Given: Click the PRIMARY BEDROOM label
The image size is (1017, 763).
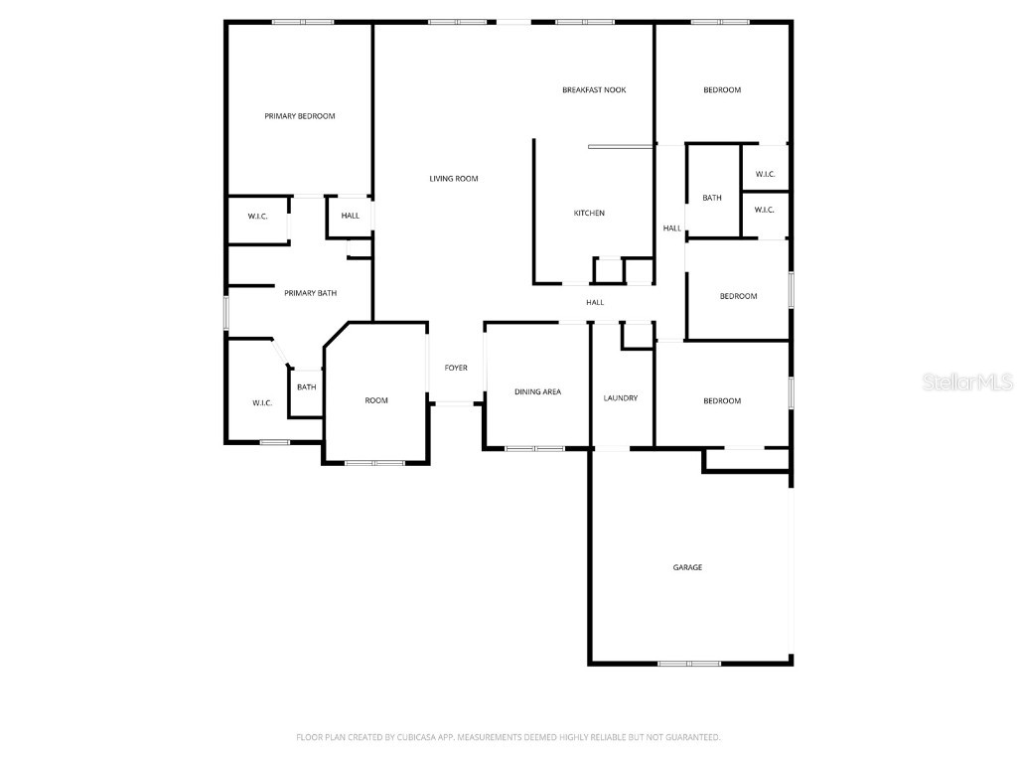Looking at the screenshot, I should pos(299,116).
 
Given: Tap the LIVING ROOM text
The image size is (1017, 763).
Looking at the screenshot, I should pos(454,179).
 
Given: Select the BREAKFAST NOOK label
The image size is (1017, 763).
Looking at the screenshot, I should pos(594,90).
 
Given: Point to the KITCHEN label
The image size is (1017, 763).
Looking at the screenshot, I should pos(589,214).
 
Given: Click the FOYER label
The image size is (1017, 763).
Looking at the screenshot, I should pos(456,369).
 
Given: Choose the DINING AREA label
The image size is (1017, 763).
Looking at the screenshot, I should pos(537,392).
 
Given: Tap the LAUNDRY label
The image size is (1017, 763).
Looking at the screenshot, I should pos(621,398).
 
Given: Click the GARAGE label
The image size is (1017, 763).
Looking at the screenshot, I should pos(687,567).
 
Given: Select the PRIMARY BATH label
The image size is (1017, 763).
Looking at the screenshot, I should pos(310,293).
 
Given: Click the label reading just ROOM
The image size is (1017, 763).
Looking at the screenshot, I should pos(376,400).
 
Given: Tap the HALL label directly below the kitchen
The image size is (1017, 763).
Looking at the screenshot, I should pos(595,303).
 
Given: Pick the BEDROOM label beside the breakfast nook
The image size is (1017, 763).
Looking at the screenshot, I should pos(722,90).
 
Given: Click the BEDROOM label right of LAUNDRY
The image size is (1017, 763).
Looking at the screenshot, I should pos(722,401).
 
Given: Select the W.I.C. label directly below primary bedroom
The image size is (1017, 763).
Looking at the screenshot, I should pos(257,217).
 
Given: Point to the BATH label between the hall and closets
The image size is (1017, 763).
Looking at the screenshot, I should pos(712,199).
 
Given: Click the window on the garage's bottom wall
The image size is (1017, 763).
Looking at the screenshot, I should pos(689,663).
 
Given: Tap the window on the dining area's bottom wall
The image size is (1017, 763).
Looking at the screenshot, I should pos(535,449).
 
